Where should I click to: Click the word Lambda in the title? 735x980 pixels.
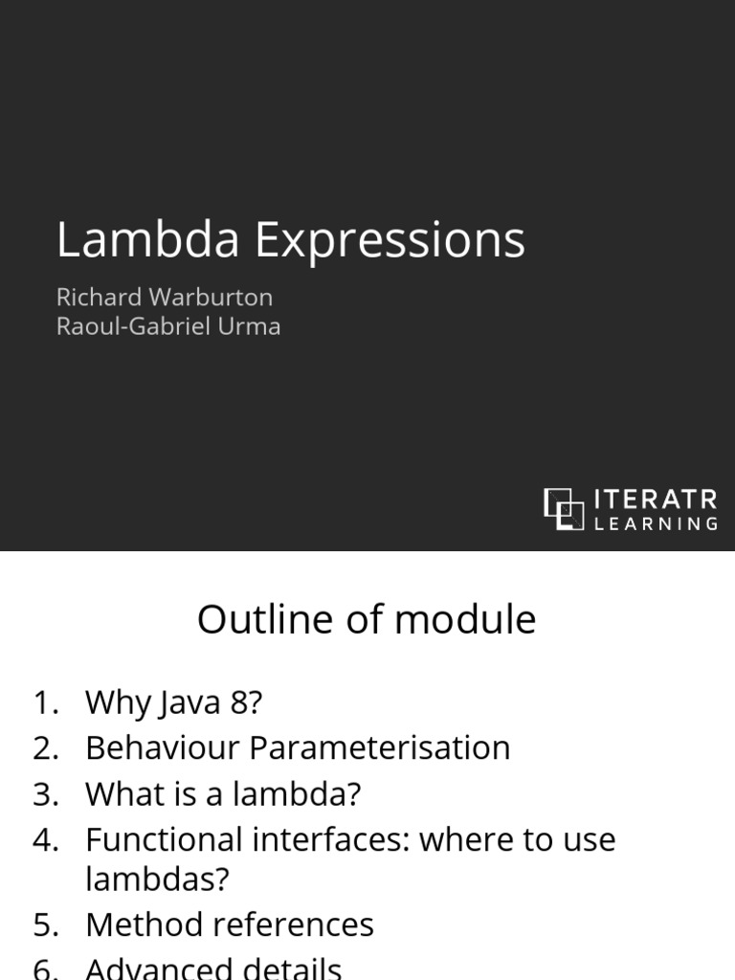click(147, 239)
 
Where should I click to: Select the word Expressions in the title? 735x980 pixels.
click(390, 241)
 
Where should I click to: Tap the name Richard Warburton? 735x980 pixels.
click(164, 297)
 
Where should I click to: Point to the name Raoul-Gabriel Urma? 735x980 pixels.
click(168, 326)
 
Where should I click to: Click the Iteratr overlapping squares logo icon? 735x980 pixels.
click(564, 508)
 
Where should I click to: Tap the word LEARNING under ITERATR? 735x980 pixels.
click(656, 523)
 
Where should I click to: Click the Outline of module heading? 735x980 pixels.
click(367, 620)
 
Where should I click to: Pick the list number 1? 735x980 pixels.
click(46, 702)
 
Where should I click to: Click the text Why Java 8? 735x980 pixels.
click(173, 703)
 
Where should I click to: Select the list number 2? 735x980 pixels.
click(46, 747)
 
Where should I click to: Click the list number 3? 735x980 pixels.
click(46, 793)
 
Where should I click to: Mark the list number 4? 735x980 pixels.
click(46, 839)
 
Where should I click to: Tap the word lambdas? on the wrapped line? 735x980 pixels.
click(158, 879)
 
